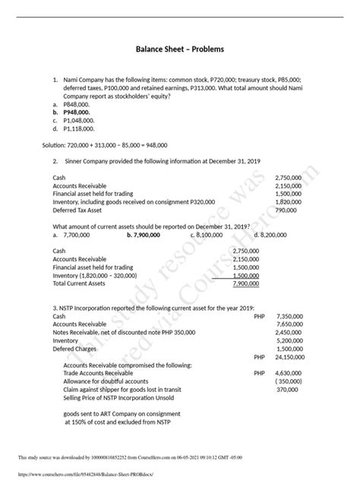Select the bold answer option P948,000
78,111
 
